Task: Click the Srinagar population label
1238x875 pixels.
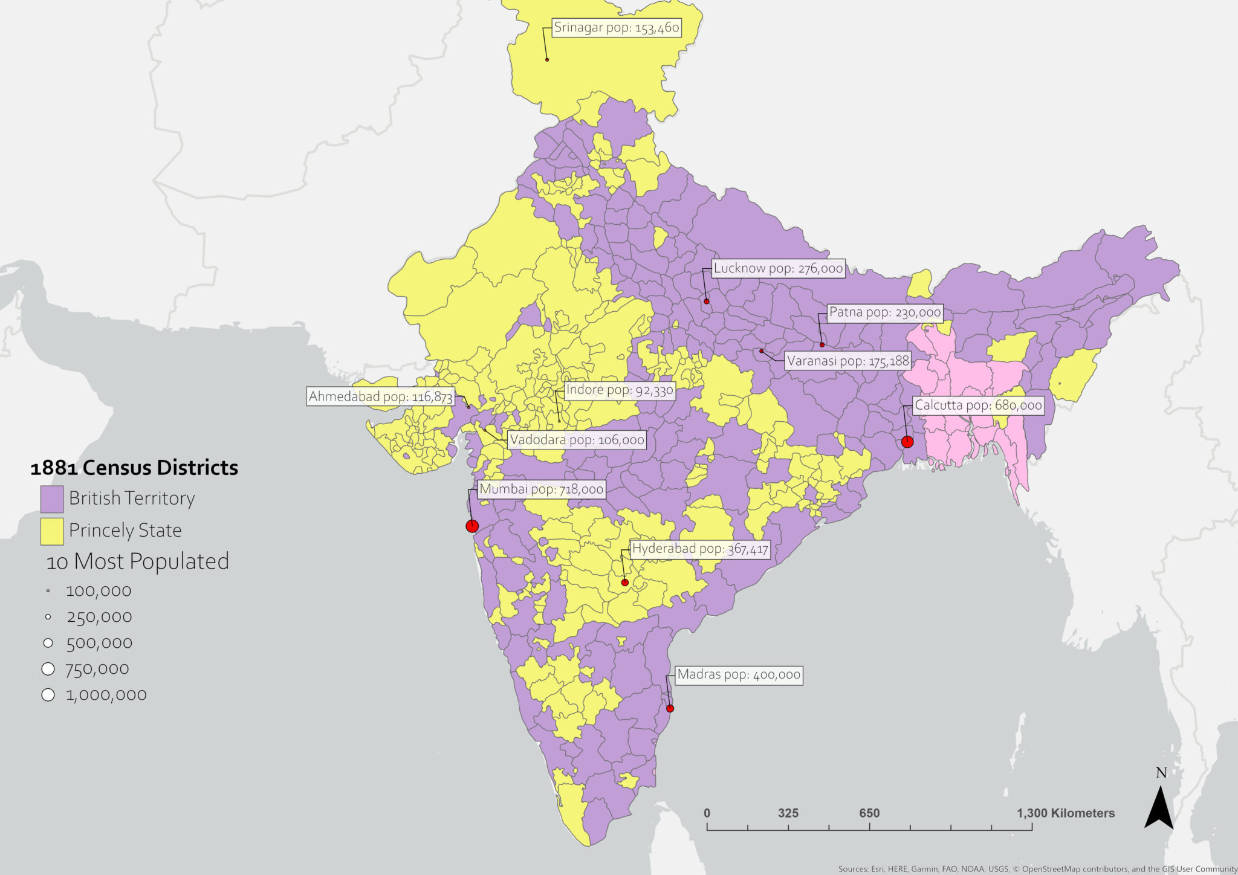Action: coord(617,28)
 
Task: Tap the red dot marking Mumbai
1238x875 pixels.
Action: coord(472,526)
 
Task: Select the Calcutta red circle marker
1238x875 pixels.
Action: coord(907,442)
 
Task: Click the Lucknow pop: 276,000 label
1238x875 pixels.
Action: coord(778,268)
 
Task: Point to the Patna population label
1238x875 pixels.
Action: coord(885,312)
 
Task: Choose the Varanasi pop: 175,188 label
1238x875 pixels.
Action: coord(847,361)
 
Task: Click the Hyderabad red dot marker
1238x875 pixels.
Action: coord(625,583)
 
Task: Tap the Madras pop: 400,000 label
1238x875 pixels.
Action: coord(738,674)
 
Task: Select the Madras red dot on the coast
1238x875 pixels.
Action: coord(670,708)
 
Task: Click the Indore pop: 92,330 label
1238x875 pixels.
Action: coord(619,390)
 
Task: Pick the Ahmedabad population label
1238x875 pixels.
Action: coord(380,396)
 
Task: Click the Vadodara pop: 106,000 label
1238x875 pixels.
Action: coord(577,439)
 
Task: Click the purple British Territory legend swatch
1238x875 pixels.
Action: coord(52,499)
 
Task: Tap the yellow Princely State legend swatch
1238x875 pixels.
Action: coord(52,531)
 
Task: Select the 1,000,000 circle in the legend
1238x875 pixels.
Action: coord(48,695)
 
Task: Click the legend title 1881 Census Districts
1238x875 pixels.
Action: coord(134,468)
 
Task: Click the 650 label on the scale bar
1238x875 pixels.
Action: coord(869,813)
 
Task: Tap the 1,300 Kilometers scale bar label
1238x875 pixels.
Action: coord(1065,813)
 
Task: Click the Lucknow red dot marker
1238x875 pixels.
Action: coord(706,301)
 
